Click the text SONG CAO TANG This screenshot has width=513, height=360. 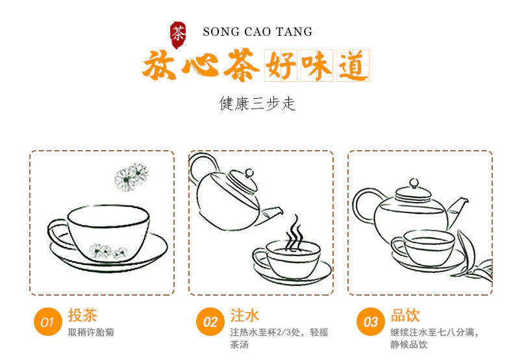258,32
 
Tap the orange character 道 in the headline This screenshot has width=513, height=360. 351,66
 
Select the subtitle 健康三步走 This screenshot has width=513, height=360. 257,103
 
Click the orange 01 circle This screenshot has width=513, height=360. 48,322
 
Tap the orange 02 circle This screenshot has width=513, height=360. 210,322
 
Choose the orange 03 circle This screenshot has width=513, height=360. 371,322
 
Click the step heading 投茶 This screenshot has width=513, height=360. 82,315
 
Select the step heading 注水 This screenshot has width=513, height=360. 244,315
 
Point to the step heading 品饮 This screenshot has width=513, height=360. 405,315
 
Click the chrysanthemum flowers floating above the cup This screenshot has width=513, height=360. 131,177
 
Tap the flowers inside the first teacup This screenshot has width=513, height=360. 108,251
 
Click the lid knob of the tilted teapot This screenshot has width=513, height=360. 249,173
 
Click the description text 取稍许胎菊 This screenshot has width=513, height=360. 91,333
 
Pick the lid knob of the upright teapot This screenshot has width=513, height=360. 414,183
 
